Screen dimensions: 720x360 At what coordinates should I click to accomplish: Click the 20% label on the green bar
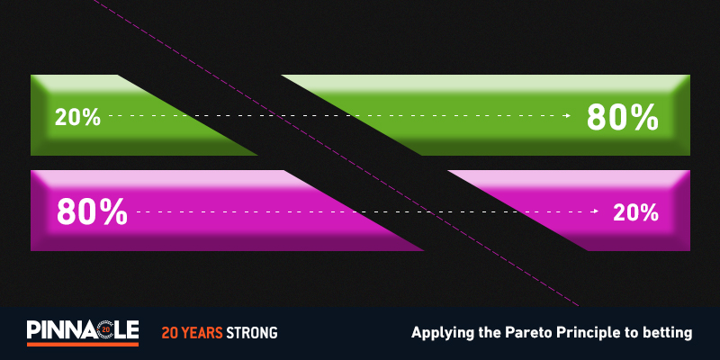(x=77, y=118)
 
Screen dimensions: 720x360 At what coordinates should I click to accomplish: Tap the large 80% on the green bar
(x=623, y=118)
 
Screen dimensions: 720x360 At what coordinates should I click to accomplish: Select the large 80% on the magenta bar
(x=92, y=211)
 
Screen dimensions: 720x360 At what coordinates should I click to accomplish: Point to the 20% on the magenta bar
(x=636, y=212)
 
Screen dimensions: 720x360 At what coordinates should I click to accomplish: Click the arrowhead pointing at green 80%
(x=569, y=116)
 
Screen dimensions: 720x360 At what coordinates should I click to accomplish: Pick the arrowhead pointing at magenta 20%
(x=596, y=211)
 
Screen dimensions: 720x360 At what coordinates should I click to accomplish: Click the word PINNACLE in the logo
(x=83, y=329)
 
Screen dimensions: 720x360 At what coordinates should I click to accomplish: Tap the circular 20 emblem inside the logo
(x=105, y=329)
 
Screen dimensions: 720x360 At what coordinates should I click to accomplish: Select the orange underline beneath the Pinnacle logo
(x=83, y=344)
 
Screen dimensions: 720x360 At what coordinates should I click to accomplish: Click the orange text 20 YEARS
(x=192, y=332)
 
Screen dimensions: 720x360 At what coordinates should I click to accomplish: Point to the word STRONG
(x=252, y=332)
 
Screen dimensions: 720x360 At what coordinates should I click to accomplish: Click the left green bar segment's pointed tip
(x=257, y=155)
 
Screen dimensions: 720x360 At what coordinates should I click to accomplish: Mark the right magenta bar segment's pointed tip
(x=448, y=171)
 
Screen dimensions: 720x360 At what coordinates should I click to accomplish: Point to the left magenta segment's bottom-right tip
(x=423, y=250)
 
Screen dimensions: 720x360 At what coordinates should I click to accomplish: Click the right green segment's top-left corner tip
(x=282, y=76)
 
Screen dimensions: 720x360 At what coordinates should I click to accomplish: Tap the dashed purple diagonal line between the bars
(x=335, y=152)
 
